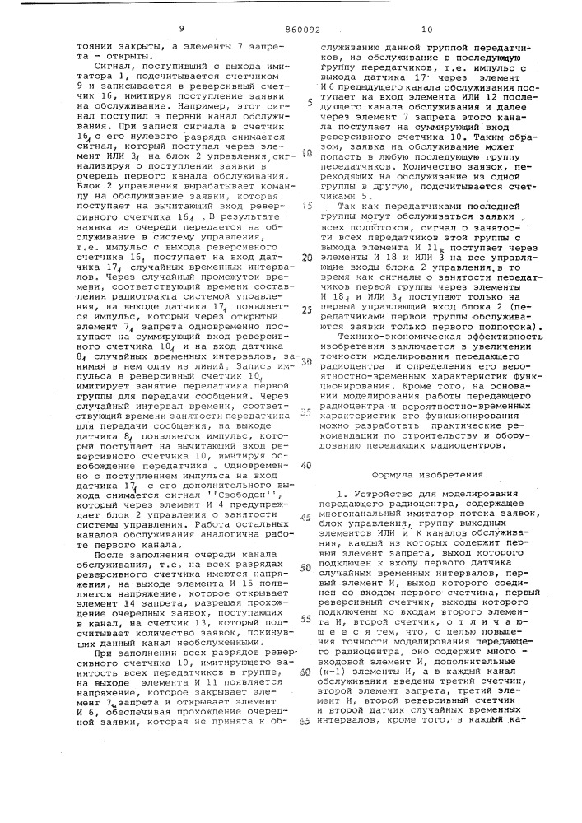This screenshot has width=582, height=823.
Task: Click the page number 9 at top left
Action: (181, 28)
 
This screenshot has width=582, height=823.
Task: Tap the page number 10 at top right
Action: (426, 29)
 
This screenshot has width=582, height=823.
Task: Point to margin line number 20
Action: (307, 258)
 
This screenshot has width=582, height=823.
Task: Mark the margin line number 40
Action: (306, 465)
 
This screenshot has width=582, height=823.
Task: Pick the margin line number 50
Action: (306, 568)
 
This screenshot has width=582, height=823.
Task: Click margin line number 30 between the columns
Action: (306, 361)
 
